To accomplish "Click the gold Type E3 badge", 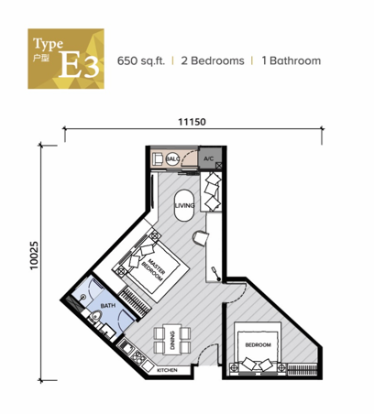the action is tap(66, 59).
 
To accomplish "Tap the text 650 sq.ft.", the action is tap(141, 60).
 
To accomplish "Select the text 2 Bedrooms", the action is tap(213, 60).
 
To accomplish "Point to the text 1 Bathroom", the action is tap(291, 60).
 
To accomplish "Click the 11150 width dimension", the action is tap(192, 122).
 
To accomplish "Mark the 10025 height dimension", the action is tap(34, 256).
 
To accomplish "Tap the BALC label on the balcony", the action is tap(172, 158).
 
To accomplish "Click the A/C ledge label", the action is tap(209, 158).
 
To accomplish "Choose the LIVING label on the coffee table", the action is tap(184, 205).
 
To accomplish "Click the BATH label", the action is tap(108, 305).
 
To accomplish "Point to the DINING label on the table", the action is tap(172, 341).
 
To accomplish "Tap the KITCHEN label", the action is tap(167, 370).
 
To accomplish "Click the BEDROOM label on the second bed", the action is tap(258, 345).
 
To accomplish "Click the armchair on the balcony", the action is tap(158, 158).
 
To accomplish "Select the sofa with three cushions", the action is tap(211, 191).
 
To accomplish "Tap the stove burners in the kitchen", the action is tap(137, 357).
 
